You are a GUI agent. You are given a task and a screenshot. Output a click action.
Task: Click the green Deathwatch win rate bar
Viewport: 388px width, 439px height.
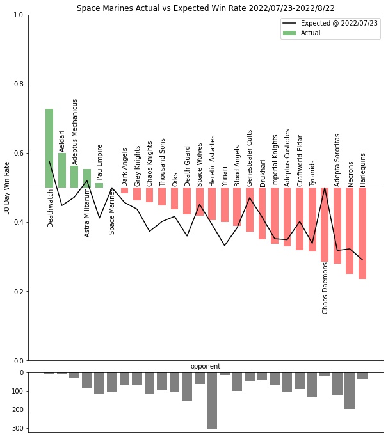(49, 148)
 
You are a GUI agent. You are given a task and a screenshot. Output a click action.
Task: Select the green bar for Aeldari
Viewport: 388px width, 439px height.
(62, 170)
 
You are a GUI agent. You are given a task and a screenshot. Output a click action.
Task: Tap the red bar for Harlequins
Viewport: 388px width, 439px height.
(362, 233)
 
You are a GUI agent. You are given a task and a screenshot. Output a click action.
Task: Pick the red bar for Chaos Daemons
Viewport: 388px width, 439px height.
(325, 225)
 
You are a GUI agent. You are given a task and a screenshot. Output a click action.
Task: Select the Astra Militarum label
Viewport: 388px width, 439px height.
(87, 212)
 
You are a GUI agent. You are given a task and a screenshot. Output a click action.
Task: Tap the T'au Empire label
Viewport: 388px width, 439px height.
(100, 163)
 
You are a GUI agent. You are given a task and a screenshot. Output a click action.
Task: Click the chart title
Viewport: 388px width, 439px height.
(206, 8)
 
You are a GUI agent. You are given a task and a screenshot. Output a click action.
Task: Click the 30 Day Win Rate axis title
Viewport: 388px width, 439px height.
(7, 188)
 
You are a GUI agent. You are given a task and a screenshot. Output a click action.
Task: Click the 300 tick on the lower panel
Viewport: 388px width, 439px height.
(17, 428)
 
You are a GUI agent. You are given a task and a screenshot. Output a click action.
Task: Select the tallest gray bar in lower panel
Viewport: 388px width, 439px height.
(212, 401)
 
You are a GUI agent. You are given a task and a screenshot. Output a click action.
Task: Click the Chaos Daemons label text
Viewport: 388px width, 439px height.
(325, 287)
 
